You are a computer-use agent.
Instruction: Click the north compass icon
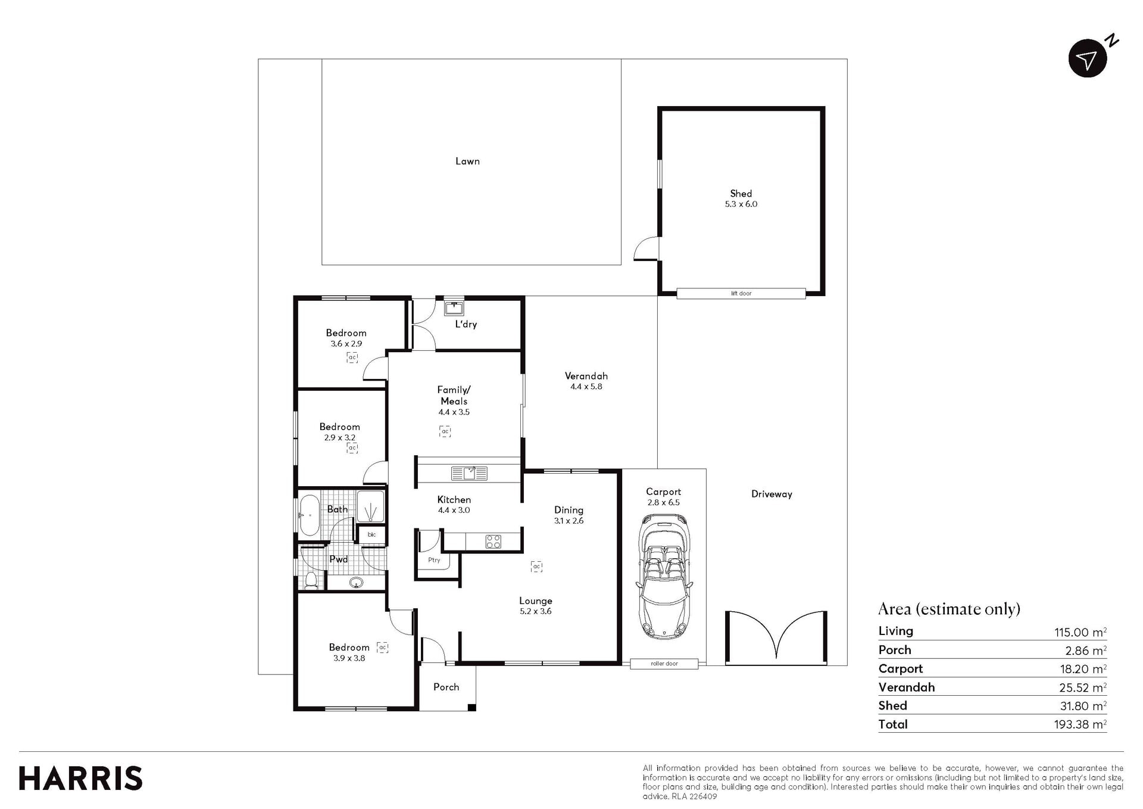tap(1088, 58)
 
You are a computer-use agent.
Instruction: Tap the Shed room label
tap(741, 194)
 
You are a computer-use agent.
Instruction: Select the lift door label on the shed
tap(741, 293)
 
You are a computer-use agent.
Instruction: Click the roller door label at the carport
tap(664, 664)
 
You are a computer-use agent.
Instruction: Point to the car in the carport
tap(664, 577)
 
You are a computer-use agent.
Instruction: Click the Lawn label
tap(467, 161)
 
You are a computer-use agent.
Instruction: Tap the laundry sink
tap(454, 308)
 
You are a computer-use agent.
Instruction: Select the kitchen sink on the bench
tap(469, 473)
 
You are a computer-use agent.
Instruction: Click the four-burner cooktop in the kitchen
tap(494, 542)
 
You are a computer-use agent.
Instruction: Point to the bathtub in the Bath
tap(309, 515)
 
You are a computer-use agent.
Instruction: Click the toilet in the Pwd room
tap(311, 580)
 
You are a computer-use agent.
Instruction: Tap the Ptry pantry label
tap(434, 560)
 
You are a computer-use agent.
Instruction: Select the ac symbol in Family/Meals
tap(445, 431)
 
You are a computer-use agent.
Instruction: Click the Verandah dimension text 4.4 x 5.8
tap(586, 387)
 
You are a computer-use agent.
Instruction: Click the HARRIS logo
tap(81, 779)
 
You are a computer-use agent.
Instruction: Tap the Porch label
tap(446, 687)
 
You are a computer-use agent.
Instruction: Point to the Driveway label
tap(772, 494)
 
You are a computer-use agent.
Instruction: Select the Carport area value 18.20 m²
tap(1081, 669)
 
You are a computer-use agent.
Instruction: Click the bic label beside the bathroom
tap(371, 534)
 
